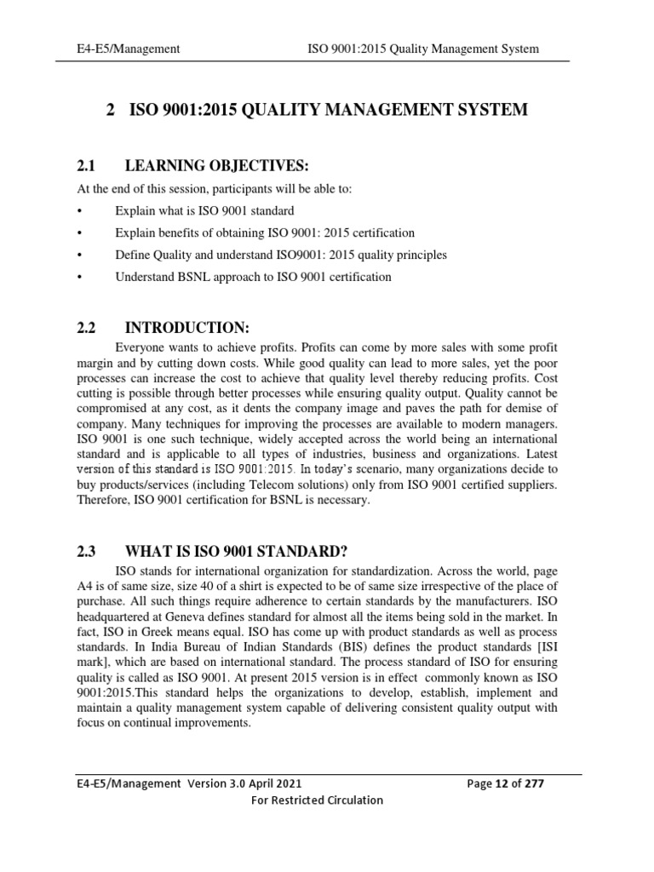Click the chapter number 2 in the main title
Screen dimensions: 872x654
[111, 110]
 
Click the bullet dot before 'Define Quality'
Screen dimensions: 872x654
[79, 255]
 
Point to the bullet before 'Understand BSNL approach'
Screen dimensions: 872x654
[79, 277]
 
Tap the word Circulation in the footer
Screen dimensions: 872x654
[348, 800]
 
